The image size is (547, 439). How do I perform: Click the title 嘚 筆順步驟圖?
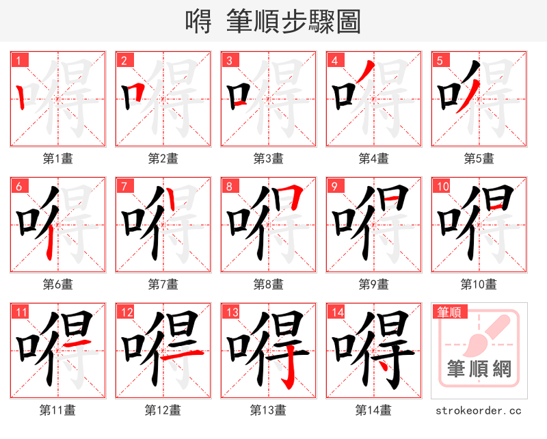273,21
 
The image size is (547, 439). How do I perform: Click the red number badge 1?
19,61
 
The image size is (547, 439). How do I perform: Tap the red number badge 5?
440,61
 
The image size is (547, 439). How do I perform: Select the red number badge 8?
230,187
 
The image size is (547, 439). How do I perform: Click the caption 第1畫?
57,159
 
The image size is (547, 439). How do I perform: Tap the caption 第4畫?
373,159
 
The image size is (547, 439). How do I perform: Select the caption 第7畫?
163,284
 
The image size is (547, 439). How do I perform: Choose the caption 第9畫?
373,284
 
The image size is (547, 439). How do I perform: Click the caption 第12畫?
163,410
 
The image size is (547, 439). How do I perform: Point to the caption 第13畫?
268,410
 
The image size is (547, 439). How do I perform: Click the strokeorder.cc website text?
479,410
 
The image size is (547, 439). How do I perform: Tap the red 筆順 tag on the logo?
448,312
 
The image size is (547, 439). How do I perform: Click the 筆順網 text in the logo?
479,369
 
